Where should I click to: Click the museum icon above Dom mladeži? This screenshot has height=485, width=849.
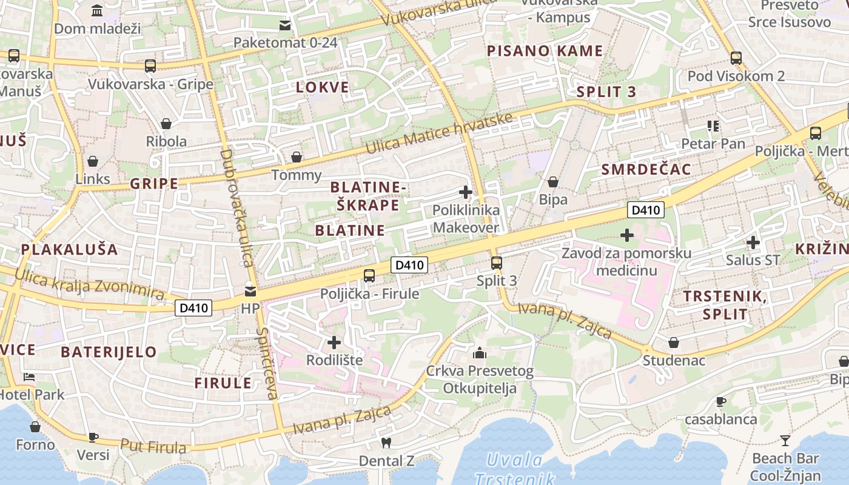pos(96,11)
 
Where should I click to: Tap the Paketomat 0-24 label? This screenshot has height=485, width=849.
pos(285,42)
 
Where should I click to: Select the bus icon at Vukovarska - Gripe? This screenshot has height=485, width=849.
pos(150,66)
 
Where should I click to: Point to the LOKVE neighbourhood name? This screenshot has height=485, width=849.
pos(323,87)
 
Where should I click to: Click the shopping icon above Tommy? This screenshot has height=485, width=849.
pos(297,158)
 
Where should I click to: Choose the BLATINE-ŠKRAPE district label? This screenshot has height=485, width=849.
pos(368,196)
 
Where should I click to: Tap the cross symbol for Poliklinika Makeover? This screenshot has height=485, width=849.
pos(466,193)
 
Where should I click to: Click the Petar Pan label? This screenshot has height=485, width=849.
pos(713,144)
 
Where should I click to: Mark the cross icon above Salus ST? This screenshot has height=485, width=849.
pos(753,242)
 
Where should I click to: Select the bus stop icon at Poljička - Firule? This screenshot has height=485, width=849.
pos(369,276)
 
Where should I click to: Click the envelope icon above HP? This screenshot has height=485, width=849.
pos(250,291)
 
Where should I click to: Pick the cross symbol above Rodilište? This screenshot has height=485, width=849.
pos(334,343)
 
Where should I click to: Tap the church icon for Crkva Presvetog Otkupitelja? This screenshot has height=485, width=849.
pos(480,353)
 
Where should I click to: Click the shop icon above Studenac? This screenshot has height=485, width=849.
pos(674,343)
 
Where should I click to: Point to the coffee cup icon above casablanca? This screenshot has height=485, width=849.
pos(721,401)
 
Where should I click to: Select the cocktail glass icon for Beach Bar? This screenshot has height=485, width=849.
pos(785,440)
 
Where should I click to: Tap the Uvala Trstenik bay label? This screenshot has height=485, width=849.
pos(515,469)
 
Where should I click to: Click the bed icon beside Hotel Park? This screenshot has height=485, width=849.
pos(29,377)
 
